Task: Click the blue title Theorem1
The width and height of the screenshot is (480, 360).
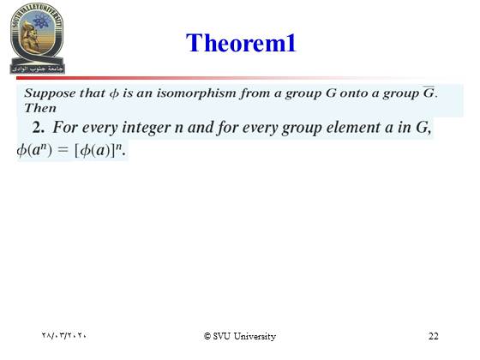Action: (241, 43)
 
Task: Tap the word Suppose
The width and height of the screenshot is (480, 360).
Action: (50, 93)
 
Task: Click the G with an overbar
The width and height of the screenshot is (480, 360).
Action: (429, 93)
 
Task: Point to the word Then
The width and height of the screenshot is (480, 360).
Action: (40, 108)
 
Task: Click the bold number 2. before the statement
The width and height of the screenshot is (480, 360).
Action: (39, 128)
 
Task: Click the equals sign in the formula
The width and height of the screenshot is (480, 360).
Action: (63, 150)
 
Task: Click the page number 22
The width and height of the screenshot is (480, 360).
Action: (433, 336)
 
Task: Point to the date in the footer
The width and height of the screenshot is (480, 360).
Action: (64, 335)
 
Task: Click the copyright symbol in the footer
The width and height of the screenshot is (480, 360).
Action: (207, 336)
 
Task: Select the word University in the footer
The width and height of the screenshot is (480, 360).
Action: (255, 336)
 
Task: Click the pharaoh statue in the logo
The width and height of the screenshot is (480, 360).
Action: (31, 39)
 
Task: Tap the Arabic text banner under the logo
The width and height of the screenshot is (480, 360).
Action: (38, 69)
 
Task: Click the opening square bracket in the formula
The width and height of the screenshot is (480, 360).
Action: (77, 150)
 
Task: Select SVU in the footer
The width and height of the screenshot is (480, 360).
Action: (222, 336)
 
